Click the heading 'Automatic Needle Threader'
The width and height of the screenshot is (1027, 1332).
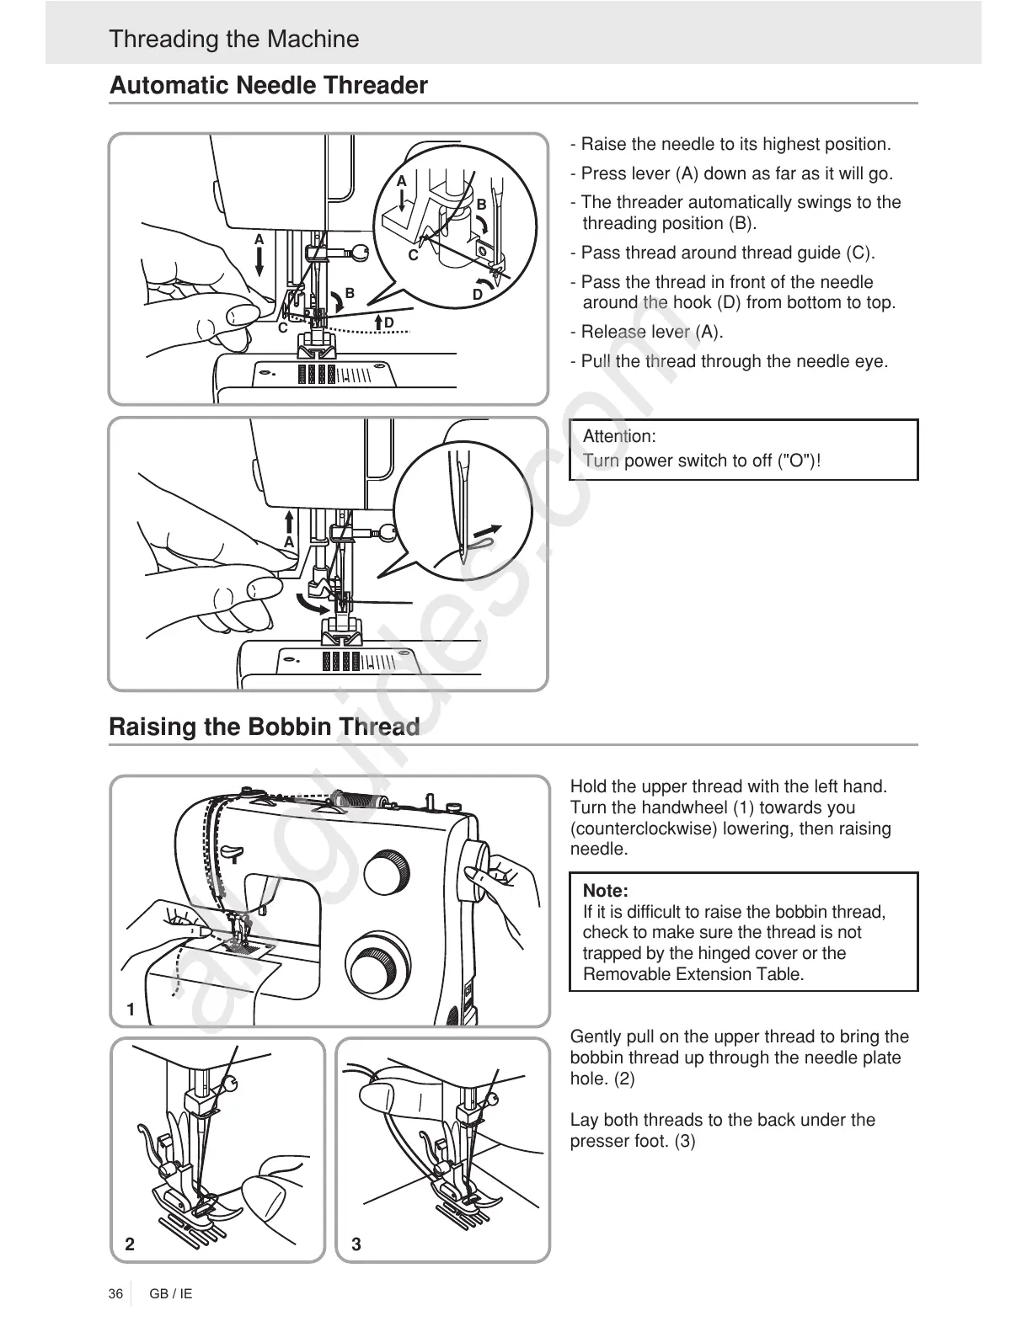(x=268, y=86)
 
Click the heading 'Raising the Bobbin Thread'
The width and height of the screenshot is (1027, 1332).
(x=264, y=727)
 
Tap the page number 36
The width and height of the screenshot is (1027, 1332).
(x=115, y=1293)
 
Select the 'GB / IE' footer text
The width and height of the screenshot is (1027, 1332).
(x=171, y=1293)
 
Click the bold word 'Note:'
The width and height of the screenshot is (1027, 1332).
(x=605, y=891)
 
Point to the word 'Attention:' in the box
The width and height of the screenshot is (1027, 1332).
(x=619, y=436)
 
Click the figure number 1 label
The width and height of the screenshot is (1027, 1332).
(x=131, y=1009)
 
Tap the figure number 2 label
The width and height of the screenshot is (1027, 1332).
(x=130, y=1244)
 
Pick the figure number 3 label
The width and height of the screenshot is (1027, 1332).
(x=356, y=1244)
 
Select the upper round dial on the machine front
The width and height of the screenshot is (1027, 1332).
(x=386, y=874)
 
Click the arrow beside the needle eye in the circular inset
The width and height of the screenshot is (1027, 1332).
(x=487, y=532)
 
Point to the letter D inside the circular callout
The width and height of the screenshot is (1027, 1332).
(x=478, y=295)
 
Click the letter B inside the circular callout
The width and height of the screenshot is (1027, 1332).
(x=481, y=205)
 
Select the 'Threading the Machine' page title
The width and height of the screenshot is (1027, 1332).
(x=233, y=40)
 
